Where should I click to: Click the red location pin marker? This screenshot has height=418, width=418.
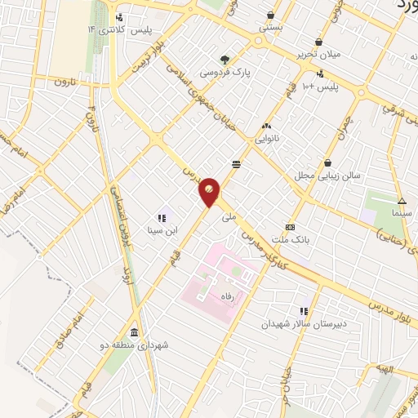click(x=210, y=190)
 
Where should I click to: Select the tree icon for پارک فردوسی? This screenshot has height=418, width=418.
click(x=225, y=59)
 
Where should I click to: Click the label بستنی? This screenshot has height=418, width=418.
click(x=271, y=27)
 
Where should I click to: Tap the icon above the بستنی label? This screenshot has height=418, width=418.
click(x=271, y=14)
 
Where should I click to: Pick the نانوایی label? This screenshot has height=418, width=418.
click(x=267, y=139)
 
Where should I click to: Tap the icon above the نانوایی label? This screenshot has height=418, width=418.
click(x=266, y=126)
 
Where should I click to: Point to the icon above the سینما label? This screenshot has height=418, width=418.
click(x=401, y=201)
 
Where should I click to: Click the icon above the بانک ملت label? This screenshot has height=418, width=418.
click(x=289, y=227)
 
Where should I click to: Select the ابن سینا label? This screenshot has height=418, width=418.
click(x=161, y=231)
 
